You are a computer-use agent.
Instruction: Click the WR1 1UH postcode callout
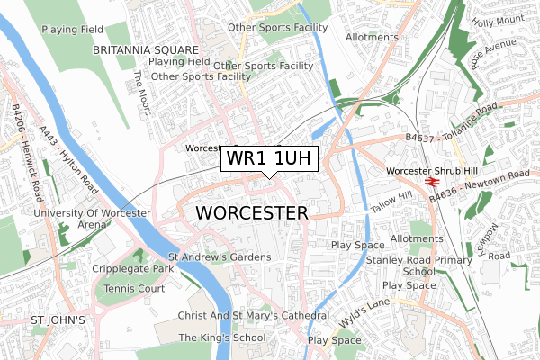click(x=269, y=159)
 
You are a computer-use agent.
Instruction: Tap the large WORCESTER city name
click(x=251, y=212)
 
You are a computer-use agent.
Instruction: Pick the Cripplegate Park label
click(x=132, y=269)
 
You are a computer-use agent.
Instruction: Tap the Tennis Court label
click(x=133, y=288)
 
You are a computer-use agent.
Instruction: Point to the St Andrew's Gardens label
click(x=220, y=257)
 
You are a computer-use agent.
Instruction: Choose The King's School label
click(x=222, y=337)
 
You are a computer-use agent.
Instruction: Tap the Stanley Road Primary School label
click(x=419, y=265)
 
